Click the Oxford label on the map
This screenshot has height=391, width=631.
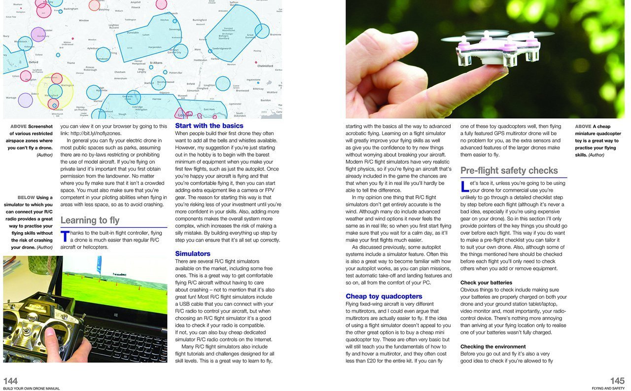point(34,63)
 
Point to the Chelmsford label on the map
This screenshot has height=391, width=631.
point(265,66)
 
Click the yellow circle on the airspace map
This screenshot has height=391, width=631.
point(55,91)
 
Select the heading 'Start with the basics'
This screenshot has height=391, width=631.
point(209,126)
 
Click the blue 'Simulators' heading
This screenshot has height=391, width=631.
point(193,253)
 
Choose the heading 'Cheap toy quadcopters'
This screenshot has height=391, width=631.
point(384,296)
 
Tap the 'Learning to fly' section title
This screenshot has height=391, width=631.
point(90,220)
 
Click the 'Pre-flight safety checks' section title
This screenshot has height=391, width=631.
point(509,171)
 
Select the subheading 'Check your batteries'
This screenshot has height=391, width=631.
point(487,283)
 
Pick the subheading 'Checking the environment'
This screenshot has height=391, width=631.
point(492,347)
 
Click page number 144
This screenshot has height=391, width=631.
point(10,381)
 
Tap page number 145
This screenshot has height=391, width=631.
point(617,381)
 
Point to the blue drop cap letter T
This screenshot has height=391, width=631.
point(65,237)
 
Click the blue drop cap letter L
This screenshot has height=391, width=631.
point(464,187)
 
